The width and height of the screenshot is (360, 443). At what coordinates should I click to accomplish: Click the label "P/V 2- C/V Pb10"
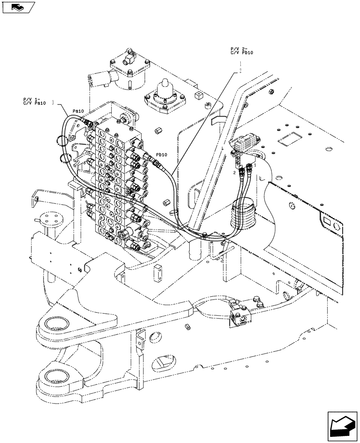coord(241,50)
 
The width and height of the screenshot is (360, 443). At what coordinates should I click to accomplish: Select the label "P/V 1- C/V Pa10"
coord(35,101)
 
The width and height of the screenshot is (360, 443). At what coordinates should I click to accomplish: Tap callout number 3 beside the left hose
coord(53,103)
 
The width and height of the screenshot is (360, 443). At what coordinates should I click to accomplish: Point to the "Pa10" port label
coord(78,111)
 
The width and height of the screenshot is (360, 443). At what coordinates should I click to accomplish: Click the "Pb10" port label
coord(161,155)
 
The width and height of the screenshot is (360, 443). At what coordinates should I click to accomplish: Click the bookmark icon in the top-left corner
coord(17,7)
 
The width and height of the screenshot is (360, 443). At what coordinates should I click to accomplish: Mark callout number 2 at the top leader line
coord(240,70)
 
